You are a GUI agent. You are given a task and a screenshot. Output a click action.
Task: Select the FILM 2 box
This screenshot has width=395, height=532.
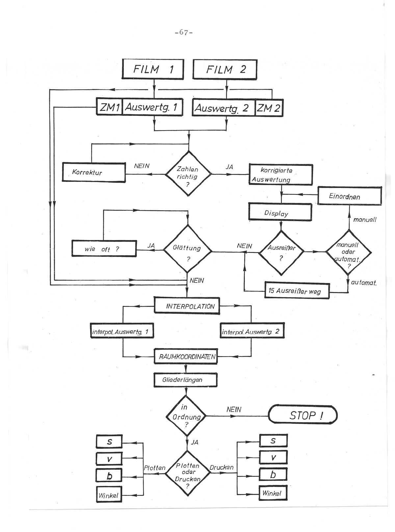(225, 69)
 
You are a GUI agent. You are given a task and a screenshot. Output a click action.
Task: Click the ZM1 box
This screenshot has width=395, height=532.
(110, 107)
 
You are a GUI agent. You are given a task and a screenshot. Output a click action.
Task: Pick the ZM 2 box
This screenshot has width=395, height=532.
(269, 107)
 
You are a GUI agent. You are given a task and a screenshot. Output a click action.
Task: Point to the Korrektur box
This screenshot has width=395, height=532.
(94, 172)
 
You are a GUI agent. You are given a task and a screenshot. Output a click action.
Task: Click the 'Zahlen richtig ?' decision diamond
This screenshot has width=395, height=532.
(188, 173)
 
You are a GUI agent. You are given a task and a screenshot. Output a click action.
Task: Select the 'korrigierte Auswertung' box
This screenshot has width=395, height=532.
(280, 175)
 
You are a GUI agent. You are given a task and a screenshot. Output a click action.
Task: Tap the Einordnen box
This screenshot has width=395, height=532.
(349, 196)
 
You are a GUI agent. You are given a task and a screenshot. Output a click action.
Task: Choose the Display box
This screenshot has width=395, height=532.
(280, 213)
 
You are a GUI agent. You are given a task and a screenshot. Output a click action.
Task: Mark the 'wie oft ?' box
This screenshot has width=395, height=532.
(104, 249)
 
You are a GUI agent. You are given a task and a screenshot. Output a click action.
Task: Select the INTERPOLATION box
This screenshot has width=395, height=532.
(186, 306)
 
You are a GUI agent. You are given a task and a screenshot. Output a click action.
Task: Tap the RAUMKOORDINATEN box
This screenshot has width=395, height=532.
(186, 357)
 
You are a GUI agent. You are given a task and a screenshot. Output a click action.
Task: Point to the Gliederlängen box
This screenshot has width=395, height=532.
(186, 380)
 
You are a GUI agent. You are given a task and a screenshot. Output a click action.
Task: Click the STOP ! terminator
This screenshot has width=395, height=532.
(303, 415)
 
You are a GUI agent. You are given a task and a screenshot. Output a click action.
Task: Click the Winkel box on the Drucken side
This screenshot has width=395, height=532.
(273, 493)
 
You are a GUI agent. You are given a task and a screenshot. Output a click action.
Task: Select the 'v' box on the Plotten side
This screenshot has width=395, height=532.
(109, 458)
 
